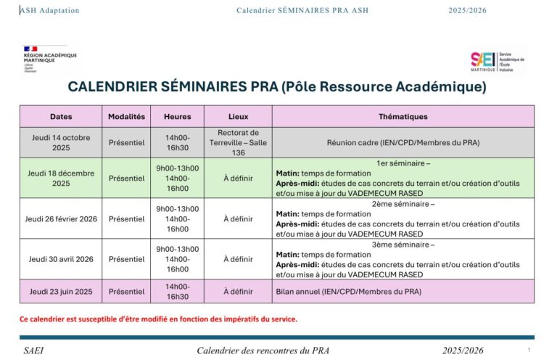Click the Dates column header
(x=61, y=116)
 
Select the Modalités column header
(x=126, y=116)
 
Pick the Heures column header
(x=177, y=116)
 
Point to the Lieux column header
(x=238, y=116)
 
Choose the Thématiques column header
(x=403, y=116)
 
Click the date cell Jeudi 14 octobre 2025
(x=61, y=142)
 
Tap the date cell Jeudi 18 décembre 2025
(x=61, y=178)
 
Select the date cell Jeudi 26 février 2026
(x=61, y=218)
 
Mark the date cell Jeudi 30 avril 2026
(x=61, y=259)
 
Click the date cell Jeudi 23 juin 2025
(x=61, y=291)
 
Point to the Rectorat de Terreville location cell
(x=238, y=142)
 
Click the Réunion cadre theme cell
(x=403, y=142)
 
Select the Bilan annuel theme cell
(x=348, y=291)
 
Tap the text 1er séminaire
(x=403, y=163)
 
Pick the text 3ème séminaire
(x=403, y=245)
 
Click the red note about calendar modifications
(x=158, y=319)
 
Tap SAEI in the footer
(x=33, y=351)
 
